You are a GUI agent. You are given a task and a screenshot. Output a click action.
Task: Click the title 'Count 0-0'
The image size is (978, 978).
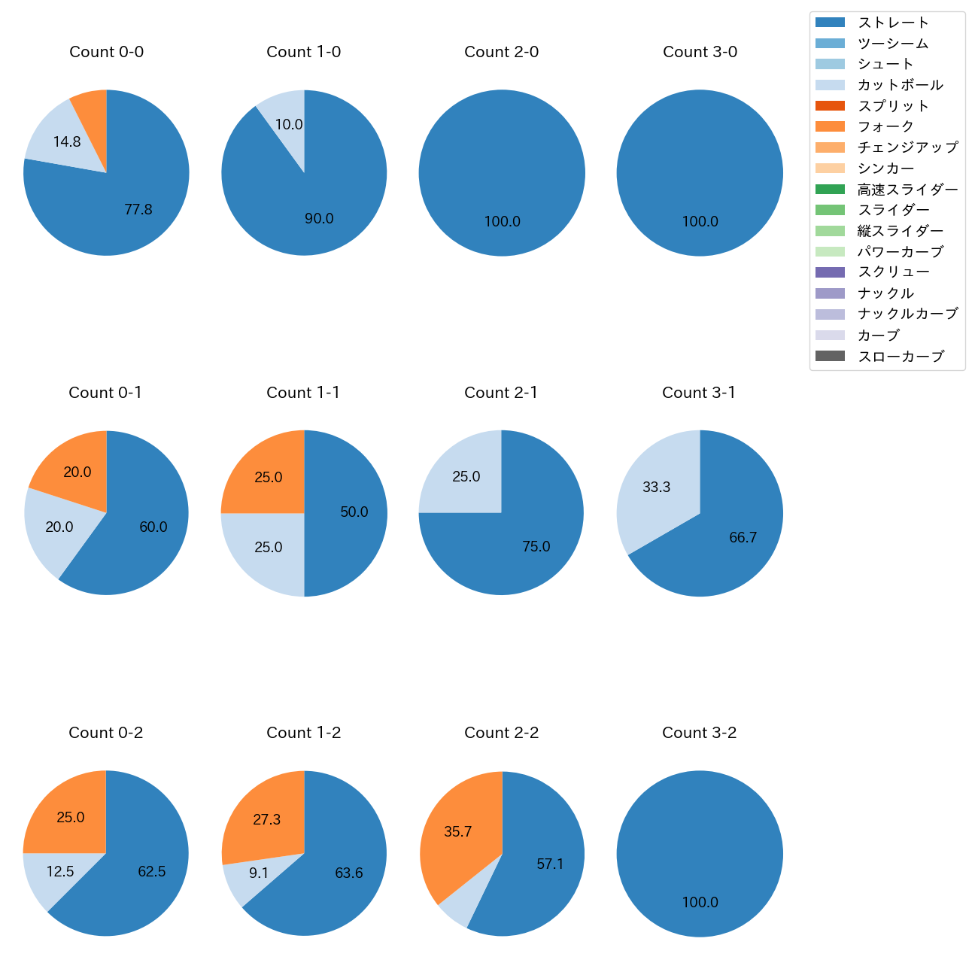[x=106, y=52]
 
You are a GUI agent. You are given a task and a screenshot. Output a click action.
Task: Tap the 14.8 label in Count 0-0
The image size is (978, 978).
[x=67, y=141]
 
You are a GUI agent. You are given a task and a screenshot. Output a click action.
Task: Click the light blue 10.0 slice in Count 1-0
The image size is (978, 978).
[x=286, y=120]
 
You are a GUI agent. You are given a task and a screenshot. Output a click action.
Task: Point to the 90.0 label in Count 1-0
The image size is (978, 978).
[x=319, y=219]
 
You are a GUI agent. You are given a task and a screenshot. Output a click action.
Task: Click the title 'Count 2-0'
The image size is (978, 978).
[x=501, y=52]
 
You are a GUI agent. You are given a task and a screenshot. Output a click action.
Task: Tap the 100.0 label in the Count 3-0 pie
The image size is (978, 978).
[x=700, y=222]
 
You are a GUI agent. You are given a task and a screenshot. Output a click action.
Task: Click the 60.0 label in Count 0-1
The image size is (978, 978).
[x=153, y=527]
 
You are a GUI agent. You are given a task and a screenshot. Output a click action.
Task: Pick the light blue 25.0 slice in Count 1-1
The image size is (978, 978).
[x=267, y=549]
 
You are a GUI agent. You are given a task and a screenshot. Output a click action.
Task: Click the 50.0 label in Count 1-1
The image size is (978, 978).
[x=354, y=512]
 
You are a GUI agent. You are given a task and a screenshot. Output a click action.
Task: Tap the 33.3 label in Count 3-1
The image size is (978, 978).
[x=656, y=487]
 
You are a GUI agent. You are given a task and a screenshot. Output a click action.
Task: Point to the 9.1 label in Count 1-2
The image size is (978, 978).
[x=258, y=873]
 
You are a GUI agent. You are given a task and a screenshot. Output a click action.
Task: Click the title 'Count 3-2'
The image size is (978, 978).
[x=699, y=733]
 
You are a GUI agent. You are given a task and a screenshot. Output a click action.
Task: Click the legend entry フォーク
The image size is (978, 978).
[x=885, y=126]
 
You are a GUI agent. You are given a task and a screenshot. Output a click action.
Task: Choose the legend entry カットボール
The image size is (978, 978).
[x=900, y=85]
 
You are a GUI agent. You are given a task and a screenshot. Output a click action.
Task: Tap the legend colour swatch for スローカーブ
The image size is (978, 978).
[x=830, y=356]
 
